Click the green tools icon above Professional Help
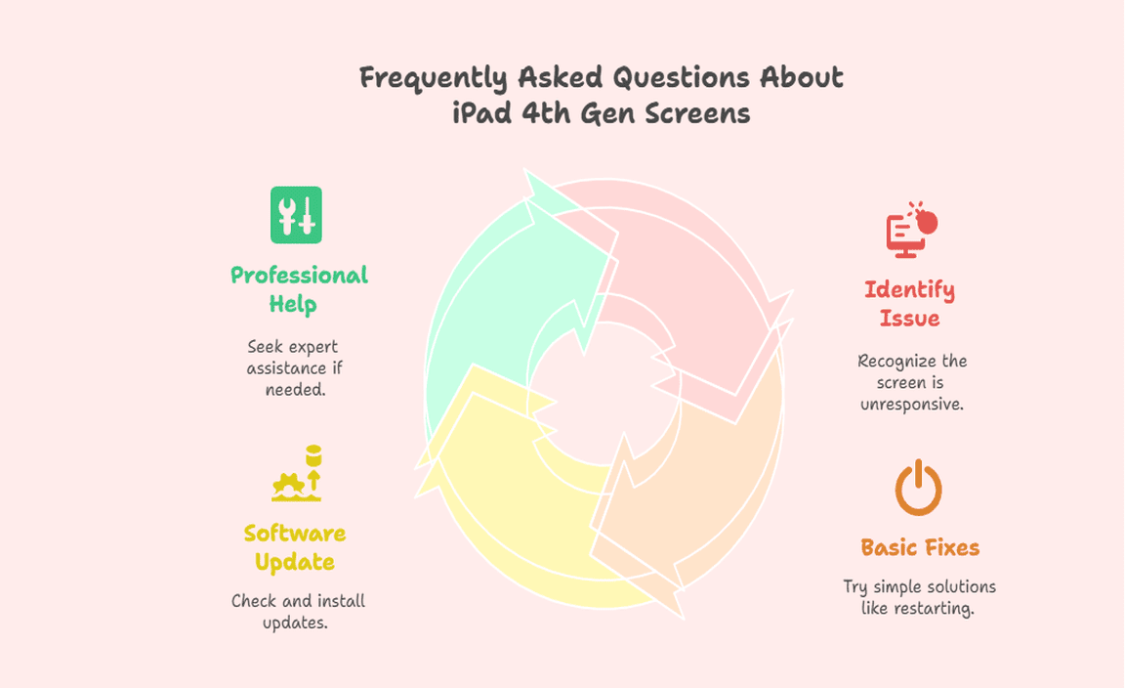pos(296,215)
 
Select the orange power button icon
pos(918,488)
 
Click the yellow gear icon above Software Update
pos(296,473)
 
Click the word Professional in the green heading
pos(299,275)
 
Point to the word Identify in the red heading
pos(909,289)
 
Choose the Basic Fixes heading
pos(920,547)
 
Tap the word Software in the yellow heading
pos(295,533)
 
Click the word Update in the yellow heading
pos(295,562)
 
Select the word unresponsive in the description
pos(912,405)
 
